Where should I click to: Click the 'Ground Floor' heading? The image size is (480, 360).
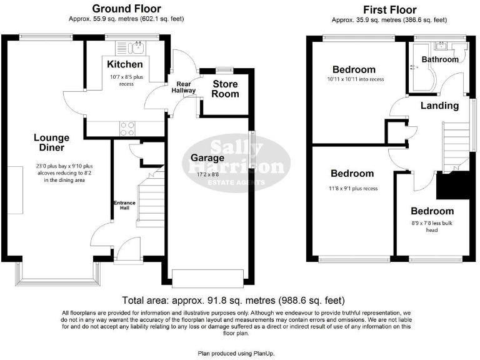pyautogui.click(x=126, y=9)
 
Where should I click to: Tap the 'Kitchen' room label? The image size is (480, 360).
pyautogui.click(x=124, y=64)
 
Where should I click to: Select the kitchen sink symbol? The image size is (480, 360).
pyautogui.click(x=135, y=47)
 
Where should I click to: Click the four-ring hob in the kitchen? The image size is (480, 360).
pyautogui.click(x=127, y=128)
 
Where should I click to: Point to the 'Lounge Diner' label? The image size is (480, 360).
pyautogui.click(x=51, y=143)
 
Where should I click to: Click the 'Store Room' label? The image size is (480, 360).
pyautogui.click(x=226, y=89)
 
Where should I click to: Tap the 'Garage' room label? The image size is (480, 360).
pyautogui.click(x=207, y=157)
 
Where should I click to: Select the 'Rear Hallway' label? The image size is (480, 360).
pyautogui.click(x=184, y=87)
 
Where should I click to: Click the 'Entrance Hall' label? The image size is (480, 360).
pyautogui.click(x=124, y=206)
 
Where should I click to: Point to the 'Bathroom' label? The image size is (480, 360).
pyautogui.click(x=439, y=59)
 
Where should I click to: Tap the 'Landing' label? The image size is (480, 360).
pyautogui.click(x=439, y=106)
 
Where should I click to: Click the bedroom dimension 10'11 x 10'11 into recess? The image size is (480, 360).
pyautogui.click(x=354, y=79)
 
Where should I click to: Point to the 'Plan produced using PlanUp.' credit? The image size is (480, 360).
pyautogui.click(x=239, y=353)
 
